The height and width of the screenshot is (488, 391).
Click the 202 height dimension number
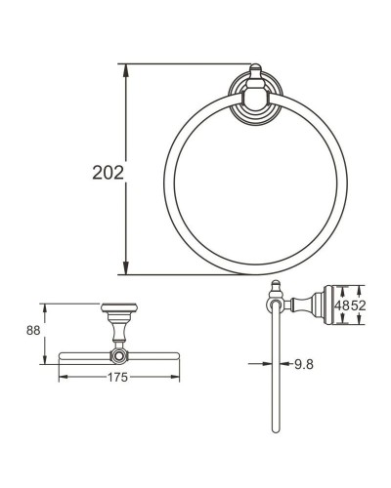(x=107, y=173)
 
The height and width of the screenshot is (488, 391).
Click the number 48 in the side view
(x=342, y=305)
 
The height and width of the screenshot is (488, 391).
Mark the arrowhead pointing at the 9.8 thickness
(x=267, y=363)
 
